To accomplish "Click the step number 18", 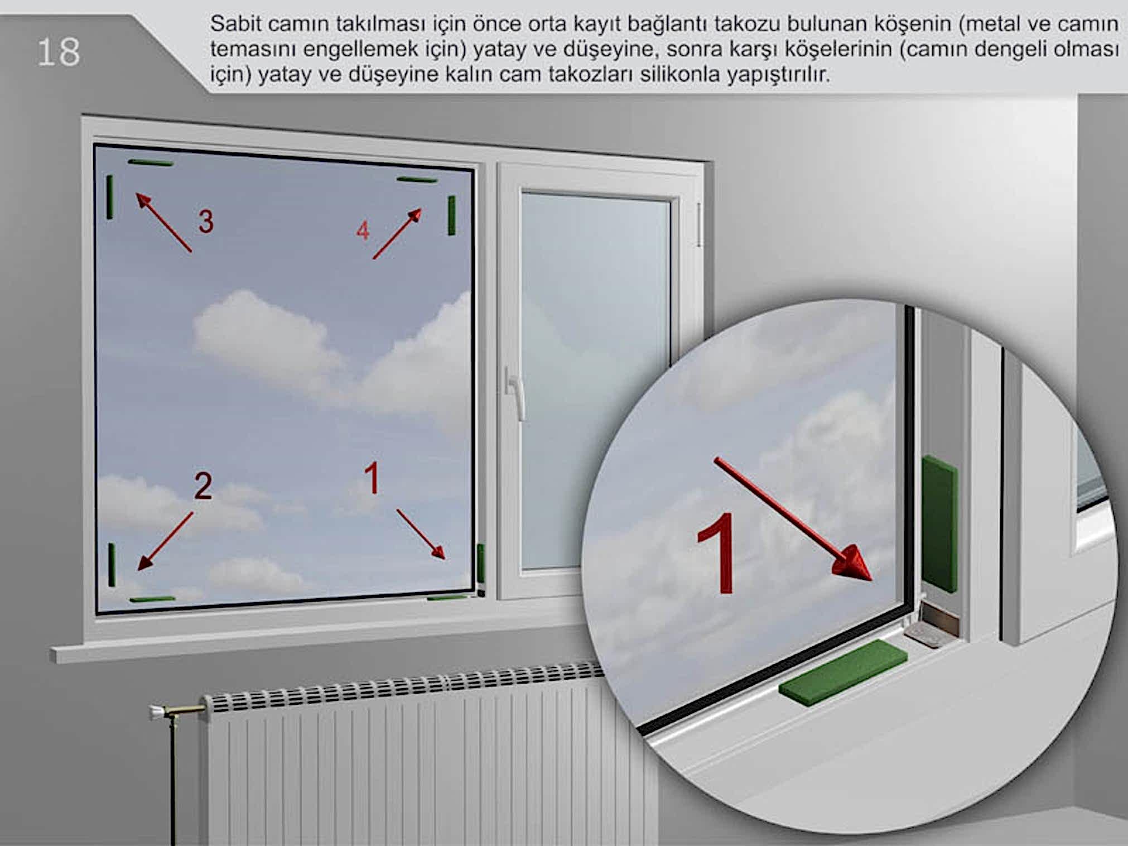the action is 59,52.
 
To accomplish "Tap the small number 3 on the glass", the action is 206,222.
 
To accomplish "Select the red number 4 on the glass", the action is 363,230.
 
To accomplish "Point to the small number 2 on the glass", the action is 203,486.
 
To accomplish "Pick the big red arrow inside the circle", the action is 793,520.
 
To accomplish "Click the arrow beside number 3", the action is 163,223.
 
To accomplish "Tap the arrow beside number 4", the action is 397,234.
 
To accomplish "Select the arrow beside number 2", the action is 165,541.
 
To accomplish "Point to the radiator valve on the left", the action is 177,711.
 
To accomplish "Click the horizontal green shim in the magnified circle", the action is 842,674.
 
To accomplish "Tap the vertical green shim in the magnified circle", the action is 940,523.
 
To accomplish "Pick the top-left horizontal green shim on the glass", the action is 151,163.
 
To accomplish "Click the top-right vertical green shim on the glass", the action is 451,215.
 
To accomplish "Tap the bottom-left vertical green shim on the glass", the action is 112,565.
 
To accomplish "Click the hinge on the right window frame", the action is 699,225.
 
